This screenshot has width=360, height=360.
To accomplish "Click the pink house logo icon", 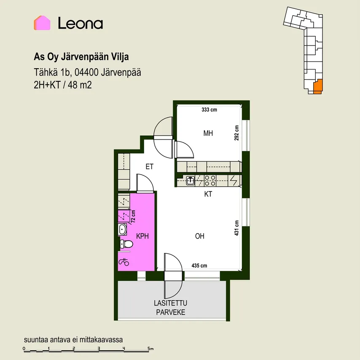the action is pos(42,23).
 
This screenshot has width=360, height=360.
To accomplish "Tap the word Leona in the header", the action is pos(81,23).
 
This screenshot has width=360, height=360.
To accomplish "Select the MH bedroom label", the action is pos(208,133).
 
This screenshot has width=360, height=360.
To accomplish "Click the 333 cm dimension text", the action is pos(209,110).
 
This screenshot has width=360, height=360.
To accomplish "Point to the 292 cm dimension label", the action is pos(236,133).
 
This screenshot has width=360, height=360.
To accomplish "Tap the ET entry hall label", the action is pos(150,167).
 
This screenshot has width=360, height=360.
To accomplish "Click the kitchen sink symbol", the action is pos(191,180).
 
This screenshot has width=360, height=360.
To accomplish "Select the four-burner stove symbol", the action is pos(210,180).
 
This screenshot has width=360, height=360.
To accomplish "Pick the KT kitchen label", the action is pos(208,194).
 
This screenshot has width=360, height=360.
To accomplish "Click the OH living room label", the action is pos(199,236).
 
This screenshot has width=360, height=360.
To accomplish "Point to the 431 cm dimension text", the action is pos(236,228).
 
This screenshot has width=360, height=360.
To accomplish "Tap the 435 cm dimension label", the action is pos(199,266).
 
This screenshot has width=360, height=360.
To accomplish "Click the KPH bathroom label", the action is pos(142,236).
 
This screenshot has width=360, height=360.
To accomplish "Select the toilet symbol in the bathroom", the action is pos(126,244).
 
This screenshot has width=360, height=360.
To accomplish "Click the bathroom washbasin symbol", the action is pos(122,229).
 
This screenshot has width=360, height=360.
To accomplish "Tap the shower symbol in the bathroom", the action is pos(124,262).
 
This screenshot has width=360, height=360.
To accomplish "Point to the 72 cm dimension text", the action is pos(133,216).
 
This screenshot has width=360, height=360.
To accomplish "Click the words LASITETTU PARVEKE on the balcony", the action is pos(171,308).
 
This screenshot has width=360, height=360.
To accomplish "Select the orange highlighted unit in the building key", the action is pos(318,86).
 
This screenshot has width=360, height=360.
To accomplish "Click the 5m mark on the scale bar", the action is pos(150,349).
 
